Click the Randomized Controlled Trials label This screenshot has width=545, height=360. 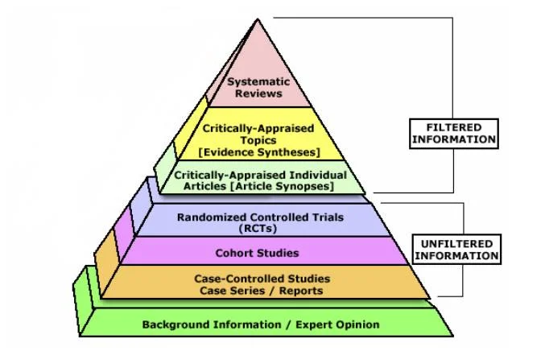(259, 217)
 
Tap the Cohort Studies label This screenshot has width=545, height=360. (257, 253)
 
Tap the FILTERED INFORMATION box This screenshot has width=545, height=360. (452, 133)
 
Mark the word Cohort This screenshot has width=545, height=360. (234, 253)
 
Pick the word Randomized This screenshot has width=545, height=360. (208, 217)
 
